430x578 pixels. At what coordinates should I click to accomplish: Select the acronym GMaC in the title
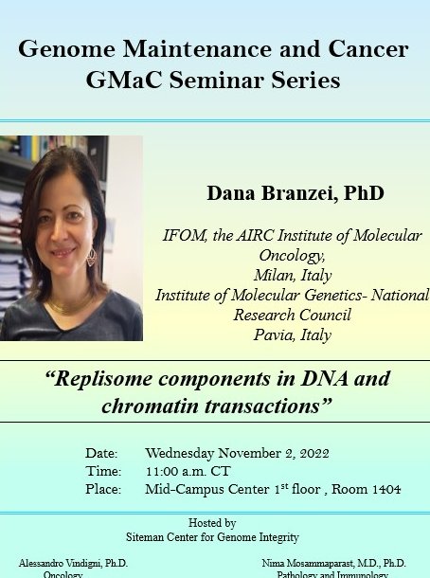140,81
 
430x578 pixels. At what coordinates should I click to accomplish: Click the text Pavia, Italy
291,334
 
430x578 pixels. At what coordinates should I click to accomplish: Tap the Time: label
103,471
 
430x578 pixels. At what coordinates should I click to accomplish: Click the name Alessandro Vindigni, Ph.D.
73,563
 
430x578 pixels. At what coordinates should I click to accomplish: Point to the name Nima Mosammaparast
318,563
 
